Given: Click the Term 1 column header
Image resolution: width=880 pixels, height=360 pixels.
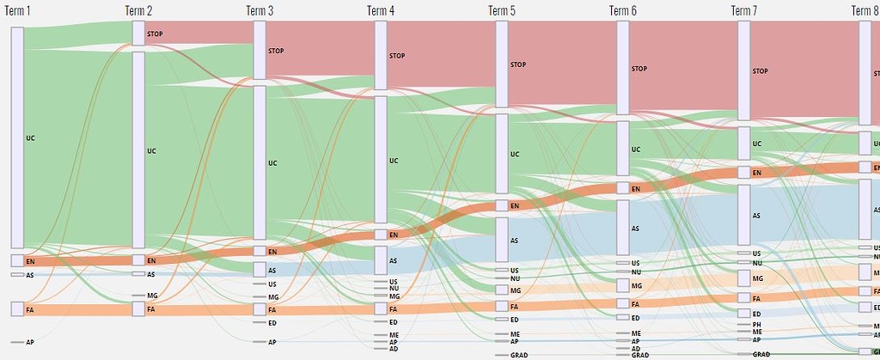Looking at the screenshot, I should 20,10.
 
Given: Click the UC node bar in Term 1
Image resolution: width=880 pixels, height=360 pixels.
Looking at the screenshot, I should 17,137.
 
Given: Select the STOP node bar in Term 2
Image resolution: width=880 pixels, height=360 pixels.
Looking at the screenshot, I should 138,34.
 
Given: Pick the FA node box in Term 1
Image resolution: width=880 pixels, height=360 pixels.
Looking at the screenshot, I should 17,309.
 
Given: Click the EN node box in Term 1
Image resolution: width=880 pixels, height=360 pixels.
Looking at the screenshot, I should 17,260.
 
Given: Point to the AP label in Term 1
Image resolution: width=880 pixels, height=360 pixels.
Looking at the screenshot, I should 30,342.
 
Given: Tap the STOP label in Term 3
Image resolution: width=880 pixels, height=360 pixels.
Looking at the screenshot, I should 276,51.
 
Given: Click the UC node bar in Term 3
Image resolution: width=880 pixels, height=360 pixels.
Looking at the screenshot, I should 260,162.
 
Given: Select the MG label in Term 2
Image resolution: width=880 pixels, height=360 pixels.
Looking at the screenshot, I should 151,295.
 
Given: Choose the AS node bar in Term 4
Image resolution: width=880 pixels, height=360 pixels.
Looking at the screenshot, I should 381,260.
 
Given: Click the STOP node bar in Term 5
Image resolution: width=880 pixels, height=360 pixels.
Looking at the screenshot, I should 502,64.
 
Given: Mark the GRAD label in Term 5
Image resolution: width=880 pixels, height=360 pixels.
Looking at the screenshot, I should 519,354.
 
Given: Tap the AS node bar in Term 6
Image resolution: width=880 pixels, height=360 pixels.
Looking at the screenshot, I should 623,229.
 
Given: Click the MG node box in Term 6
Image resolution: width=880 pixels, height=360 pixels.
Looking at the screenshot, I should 623,285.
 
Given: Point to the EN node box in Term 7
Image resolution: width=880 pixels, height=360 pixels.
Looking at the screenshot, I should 744,173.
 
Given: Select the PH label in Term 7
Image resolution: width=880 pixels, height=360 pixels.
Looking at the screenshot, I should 756,324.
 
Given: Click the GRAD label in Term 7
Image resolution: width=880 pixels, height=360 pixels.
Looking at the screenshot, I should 761,354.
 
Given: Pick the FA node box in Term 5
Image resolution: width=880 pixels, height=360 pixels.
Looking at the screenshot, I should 502,307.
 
